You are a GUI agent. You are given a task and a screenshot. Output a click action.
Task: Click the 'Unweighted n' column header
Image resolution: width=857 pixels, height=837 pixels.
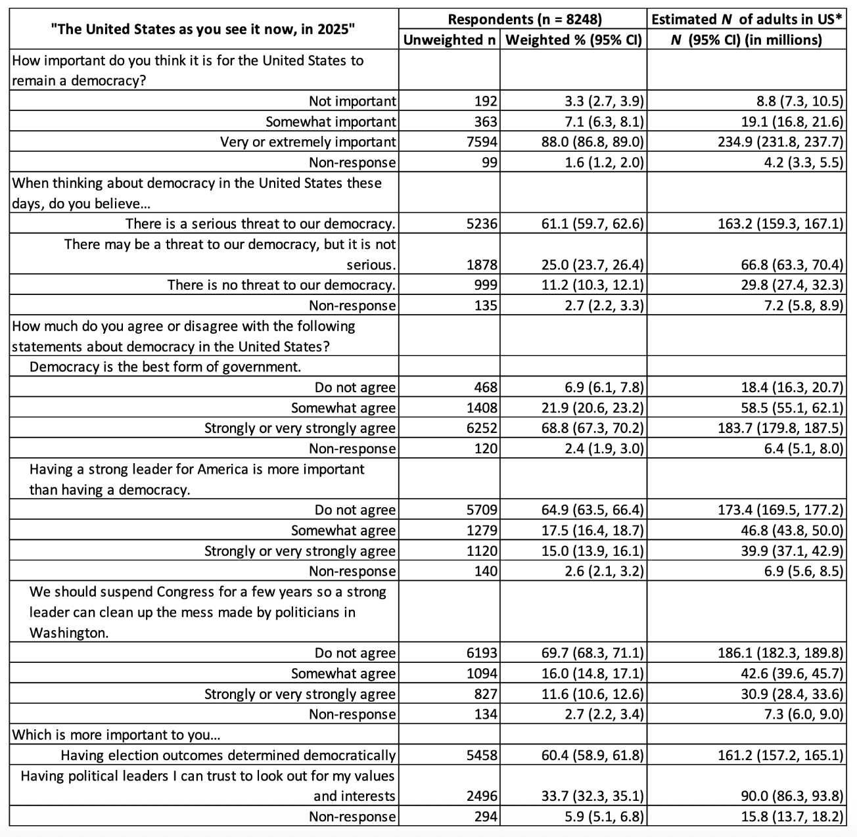pyautogui.click(x=450, y=40)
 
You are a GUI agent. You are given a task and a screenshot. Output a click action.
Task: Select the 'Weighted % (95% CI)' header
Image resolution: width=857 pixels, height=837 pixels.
pyautogui.click(x=574, y=40)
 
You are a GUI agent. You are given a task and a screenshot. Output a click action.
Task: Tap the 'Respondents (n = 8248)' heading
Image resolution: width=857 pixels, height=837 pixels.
pyautogui.click(x=524, y=19)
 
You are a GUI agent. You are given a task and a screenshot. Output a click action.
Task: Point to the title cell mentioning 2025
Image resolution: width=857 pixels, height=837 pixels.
pyautogui.click(x=203, y=29)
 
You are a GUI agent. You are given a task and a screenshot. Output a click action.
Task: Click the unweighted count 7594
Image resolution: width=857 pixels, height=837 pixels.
pyautogui.click(x=486, y=142)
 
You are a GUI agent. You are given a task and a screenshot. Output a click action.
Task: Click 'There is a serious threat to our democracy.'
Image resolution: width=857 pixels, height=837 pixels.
pyautogui.click(x=260, y=224)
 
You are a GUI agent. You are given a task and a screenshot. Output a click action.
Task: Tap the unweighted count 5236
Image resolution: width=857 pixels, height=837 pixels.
pyautogui.click(x=486, y=224)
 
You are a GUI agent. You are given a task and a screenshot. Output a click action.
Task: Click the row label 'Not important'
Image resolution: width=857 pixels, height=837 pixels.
pyautogui.click(x=352, y=101)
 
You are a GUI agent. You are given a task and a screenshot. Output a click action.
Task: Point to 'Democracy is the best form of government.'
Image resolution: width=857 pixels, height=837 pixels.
pyautogui.click(x=166, y=367)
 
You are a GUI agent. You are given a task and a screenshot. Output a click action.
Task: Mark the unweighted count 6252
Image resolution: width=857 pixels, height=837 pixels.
pyautogui.click(x=486, y=428)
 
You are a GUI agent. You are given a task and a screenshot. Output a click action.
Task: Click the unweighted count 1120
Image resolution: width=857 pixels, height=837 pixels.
pyautogui.click(x=486, y=551)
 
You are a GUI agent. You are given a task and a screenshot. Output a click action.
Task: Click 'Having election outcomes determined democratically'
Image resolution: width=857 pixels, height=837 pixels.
pyautogui.click(x=228, y=756)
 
